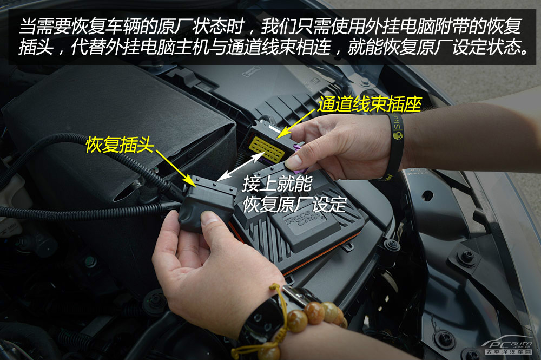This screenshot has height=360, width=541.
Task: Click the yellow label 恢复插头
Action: pos(120,145)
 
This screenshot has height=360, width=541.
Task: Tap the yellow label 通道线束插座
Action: pos(370,104)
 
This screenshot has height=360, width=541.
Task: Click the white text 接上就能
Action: pos(278,184)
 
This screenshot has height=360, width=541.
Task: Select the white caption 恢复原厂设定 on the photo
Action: pos(295,205)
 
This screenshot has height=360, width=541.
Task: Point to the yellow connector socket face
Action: pos(266,149)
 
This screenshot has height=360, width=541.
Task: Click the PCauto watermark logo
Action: pos(508,346)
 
